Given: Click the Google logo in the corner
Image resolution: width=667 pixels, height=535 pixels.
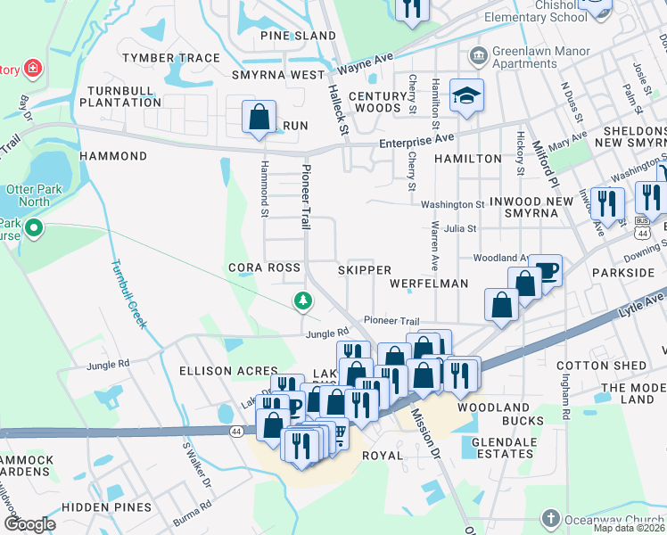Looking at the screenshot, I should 29,524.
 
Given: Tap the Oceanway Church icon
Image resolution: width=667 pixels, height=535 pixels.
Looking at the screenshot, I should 551,518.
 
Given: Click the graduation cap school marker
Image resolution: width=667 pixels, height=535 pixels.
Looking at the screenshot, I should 465,94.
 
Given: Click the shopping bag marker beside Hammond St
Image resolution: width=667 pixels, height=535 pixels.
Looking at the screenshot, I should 259,117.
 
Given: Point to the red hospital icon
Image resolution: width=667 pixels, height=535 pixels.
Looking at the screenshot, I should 33,68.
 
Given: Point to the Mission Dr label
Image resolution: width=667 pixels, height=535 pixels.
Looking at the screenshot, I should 425,434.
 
